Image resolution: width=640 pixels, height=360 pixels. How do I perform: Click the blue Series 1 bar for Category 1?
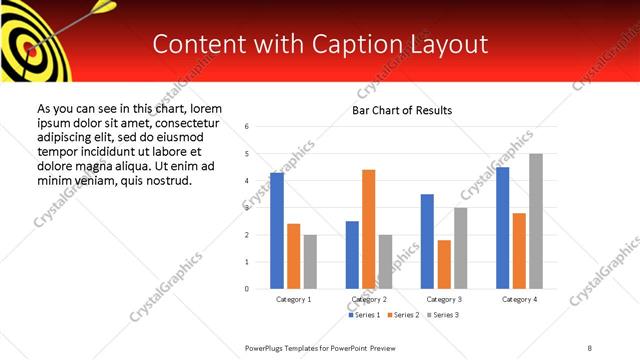click(x=277, y=231)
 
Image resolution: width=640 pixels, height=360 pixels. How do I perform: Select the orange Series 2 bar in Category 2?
click(x=368, y=229)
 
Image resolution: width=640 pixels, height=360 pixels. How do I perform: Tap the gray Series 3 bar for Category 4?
click(x=536, y=221)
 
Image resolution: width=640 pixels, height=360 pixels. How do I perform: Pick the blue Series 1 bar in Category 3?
click(x=427, y=241)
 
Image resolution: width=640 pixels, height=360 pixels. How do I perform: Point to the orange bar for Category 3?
click(x=444, y=264)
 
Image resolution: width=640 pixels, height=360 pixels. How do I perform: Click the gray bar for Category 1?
click(x=310, y=262)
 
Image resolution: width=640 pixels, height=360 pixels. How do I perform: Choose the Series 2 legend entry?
click(x=402, y=315)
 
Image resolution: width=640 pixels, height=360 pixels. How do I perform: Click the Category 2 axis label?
click(x=368, y=299)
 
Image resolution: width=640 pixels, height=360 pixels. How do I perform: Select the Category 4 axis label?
click(x=519, y=299)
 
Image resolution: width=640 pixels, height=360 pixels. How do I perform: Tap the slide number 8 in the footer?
click(x=590, y=347)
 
